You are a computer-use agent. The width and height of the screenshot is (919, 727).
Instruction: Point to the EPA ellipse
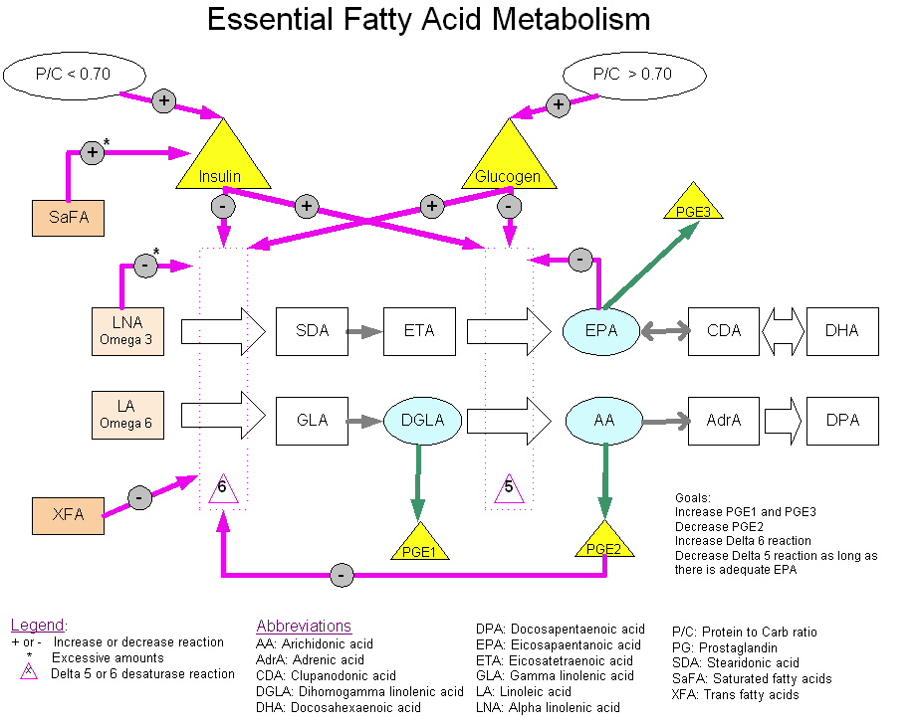603,331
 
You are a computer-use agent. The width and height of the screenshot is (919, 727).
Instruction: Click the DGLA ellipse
421,420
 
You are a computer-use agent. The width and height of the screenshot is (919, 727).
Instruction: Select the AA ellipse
603,420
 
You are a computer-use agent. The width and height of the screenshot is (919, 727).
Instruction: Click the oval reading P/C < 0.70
76,74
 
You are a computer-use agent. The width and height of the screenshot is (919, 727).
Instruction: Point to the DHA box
842,331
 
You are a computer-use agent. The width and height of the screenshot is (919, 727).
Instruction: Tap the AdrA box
724,420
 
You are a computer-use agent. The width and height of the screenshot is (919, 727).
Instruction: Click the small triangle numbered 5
509,487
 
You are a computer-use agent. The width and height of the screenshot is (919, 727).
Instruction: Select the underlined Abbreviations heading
304,627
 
